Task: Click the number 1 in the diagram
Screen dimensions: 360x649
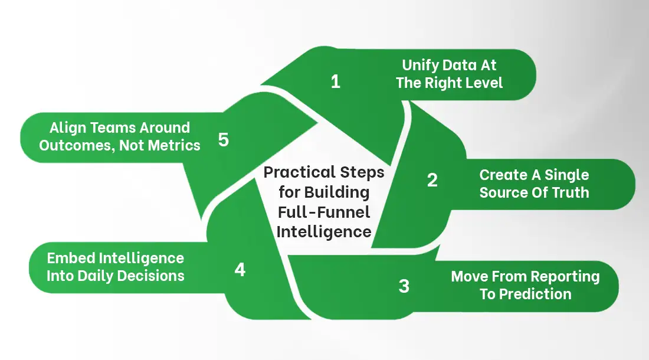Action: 335,81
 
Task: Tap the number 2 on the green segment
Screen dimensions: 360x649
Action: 432,180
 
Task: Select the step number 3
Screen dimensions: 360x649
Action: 404,286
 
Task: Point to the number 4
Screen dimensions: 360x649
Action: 240,270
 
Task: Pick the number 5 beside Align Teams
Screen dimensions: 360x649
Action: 223,140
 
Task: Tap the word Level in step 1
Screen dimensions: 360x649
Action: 483,83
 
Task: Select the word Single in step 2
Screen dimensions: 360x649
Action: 566,175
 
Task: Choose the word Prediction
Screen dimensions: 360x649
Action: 535,294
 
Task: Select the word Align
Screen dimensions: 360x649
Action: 69,127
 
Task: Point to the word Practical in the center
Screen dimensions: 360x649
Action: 299,172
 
